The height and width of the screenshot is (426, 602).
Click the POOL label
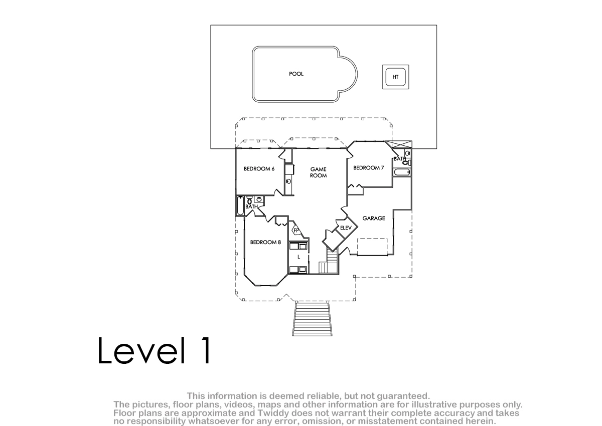pyautogui.click(x=296, y=74)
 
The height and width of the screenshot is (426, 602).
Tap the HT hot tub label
pyautogui.click(x=395, y=77)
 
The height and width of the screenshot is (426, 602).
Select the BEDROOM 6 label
pyautogui.click(x=259, y=169)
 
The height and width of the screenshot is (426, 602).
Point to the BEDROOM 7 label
pyautogui.click(x=368, y=168)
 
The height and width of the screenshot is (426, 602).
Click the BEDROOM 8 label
pyautogui.click(x=265, y=243)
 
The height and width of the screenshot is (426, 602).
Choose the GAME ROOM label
pyautogui.click(x=319, y=172)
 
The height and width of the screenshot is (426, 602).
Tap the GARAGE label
pyautogui.click(x=374, y=218)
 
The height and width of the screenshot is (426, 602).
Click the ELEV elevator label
pyautogui.click(x=346, y=228)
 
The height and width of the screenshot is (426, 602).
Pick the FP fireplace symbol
pyautogui.click(x=296, y=230)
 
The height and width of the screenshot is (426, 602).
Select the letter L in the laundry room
pyautogui.click(x=298, y=257)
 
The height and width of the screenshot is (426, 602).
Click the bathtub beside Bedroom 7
pyautogui.click(x=402, y=172)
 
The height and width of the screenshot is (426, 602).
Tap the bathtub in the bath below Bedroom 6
pyautogui.click(x=240, y=206)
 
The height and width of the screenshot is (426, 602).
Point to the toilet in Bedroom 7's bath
pyautogui.click(x=407, y=163)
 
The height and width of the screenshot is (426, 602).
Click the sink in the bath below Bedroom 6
pyautogui.click(x=259, y=199)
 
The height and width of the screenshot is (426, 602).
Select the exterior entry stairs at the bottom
pyautogui.click(x=312, y=319)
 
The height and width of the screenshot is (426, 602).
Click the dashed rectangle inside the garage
pyautogui.click(x=372, y=247)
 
